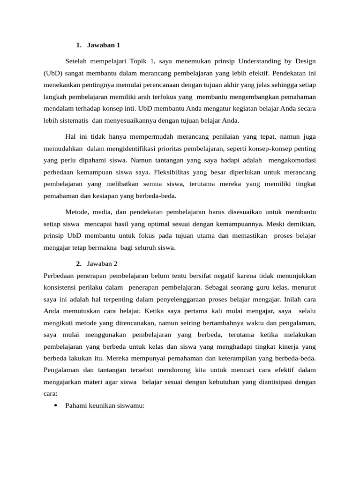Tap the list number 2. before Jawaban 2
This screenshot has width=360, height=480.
(x=79, y=264)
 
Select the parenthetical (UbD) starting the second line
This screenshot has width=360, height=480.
(x=52, y=74)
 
